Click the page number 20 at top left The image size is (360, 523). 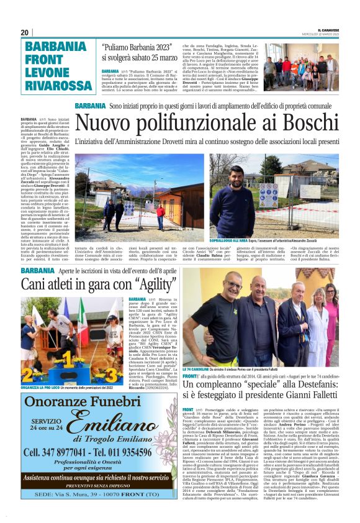pyautogui.click(x=24, y=32)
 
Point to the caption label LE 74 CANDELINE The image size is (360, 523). pyautogui.click(x=196, y=369)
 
